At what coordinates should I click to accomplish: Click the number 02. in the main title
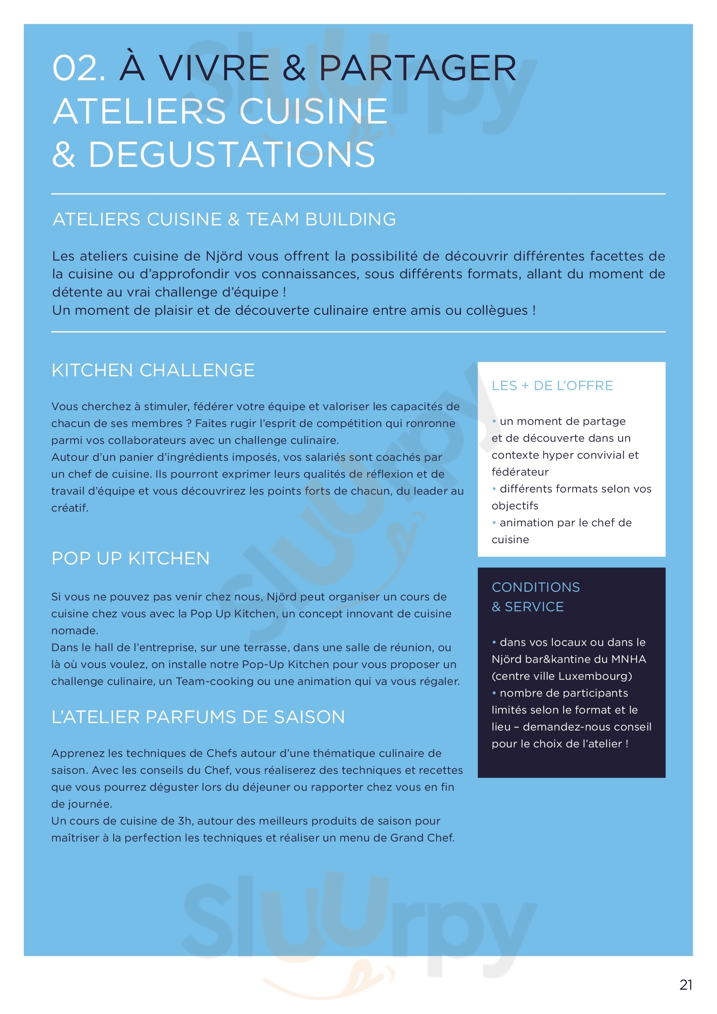point(78,68)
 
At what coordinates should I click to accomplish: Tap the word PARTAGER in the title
point(417,68)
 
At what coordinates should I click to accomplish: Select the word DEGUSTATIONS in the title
point(231,155)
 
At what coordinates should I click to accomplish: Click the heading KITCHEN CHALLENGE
point(153,370)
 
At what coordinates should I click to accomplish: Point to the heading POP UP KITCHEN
point(130,558)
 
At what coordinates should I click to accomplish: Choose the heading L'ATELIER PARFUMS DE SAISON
point(198,717)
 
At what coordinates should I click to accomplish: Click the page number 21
point(686,985)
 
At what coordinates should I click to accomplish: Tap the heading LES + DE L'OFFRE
point(552,385)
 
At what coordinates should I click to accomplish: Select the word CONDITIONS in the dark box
point(535,587)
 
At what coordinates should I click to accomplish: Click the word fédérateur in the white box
point(520,472)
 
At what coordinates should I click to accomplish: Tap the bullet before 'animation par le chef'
point(494,522)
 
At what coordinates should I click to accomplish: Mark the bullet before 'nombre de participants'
point(494,693)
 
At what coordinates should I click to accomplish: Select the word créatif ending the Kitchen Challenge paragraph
point(69,508)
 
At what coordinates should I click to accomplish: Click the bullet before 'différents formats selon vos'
point(494,489)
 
